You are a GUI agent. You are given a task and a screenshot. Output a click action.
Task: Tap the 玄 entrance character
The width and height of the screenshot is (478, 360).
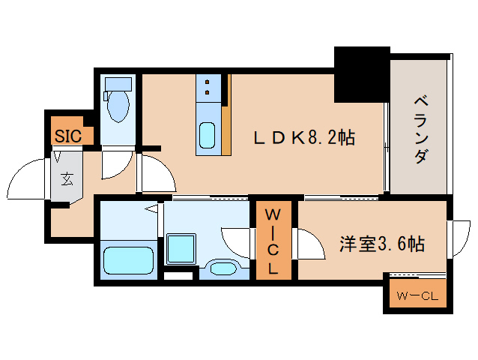[x=67, y=178]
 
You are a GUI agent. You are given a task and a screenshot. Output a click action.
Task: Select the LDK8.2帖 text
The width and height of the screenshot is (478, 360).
[x=303, y=138]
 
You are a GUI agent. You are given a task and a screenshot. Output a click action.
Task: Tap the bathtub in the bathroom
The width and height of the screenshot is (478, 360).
[x=128, y=260]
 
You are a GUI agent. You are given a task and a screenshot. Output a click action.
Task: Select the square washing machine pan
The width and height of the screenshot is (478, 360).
[x=181, y=247]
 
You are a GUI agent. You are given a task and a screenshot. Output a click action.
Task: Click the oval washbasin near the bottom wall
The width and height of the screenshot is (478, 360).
[x=222, y=268]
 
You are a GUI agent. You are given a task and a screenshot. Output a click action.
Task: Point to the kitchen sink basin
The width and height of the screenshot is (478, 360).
[x=207, y=136]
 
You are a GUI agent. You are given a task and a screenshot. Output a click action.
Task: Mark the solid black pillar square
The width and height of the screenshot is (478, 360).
[x=362, y=73]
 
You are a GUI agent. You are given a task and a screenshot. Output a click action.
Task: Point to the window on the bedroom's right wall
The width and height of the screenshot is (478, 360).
[x=455, y=238]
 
